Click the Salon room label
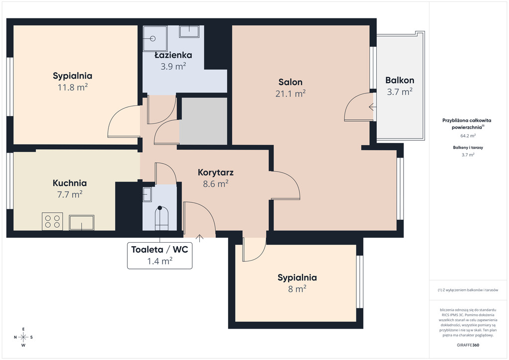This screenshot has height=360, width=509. click(x=290, y=82)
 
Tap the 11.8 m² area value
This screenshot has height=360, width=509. click(x=73, y=88)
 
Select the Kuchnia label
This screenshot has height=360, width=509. click(x=70, y=183)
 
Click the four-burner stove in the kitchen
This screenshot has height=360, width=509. click(x=52, y=221)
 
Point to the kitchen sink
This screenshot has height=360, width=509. click(x=82, y=222)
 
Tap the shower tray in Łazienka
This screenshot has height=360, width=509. click(x=155, y=38)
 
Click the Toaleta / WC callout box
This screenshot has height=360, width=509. click(x=160, y=256)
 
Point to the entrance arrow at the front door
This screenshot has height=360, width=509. click(x=199, y=238)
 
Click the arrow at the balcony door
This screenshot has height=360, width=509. click(x=372, y=106)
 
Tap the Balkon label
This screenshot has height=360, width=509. click(x=400, y=80)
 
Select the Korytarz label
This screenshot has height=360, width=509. click(x=216, y=173)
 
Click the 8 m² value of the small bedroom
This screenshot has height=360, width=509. click(x=297, y=288)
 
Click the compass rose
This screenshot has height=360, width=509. click(x=23, y=337)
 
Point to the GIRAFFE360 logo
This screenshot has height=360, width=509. click(x=468, y=345)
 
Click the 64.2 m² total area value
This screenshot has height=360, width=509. click(x=468, y=136)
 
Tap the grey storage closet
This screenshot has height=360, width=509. click(x=203, y=121)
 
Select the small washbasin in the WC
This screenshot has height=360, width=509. click(x=147, y=194)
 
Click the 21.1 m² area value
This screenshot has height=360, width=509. click(x=290, y=93)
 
